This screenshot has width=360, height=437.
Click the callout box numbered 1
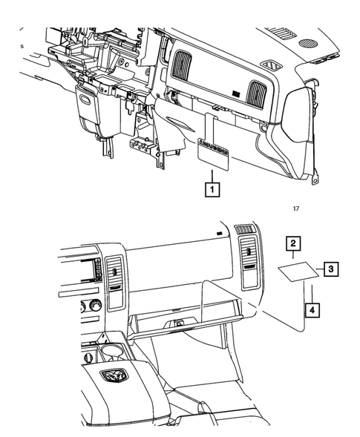point(213,189)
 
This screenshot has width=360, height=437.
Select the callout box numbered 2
point(294,243)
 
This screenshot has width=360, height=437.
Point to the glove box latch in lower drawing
point(178,323)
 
